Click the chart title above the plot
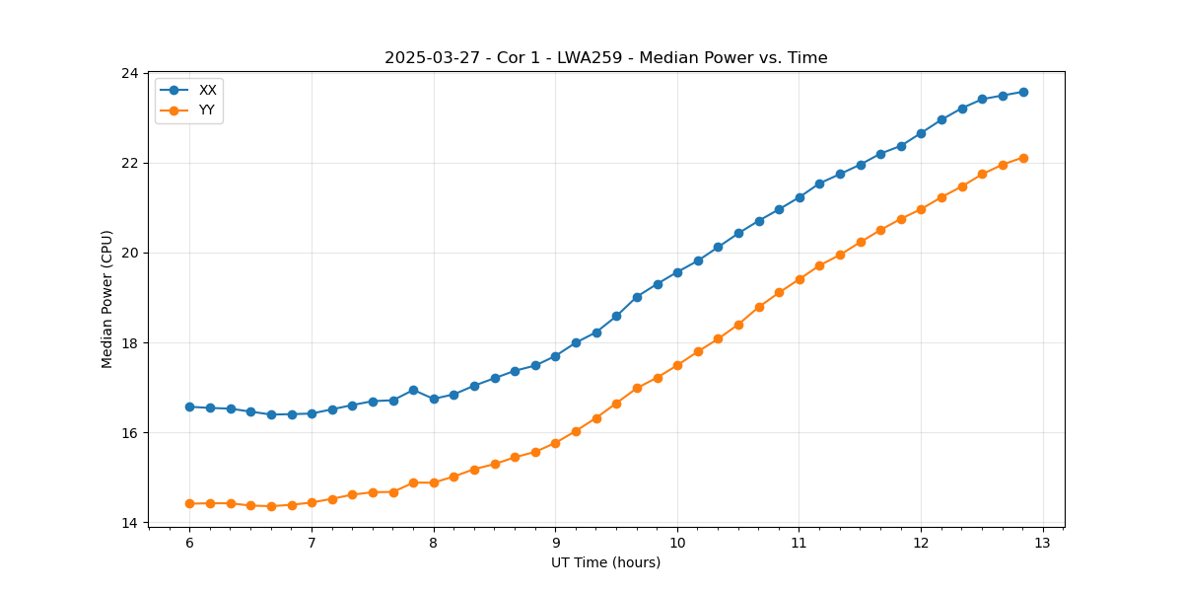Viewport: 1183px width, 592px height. click(x=605, y=58)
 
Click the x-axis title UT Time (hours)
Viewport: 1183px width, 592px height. click(x=605, y=562)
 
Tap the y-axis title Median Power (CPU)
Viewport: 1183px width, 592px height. click(x=107, y=299)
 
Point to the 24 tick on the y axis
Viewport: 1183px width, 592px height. click(x=129, y=73)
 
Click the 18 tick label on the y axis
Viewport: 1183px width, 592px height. click(x=129, y=343)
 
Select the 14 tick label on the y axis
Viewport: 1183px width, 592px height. click(x=129, y=523)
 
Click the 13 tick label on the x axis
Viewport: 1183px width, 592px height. click(x=1043, y=544)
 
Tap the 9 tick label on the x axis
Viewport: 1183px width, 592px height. click(x=555, y=544)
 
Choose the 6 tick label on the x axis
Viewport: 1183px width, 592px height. click(x=189, y=544)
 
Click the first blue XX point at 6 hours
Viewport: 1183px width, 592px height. click(x=189, y=407)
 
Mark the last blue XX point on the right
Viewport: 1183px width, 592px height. click(x=1023, y=92)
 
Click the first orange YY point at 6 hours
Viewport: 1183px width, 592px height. click(x=189, y=503)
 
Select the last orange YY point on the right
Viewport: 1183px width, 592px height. click(x=1023, y=158)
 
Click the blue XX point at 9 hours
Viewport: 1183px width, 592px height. click(x=555, y=356)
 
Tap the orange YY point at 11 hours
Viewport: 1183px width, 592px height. click(x=800, y=279)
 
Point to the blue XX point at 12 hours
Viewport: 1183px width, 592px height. click(x=921, y=133)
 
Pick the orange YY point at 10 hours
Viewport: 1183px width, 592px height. click(x=677, y=365)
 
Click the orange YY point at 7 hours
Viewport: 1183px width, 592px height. click(x=312, y=502)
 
